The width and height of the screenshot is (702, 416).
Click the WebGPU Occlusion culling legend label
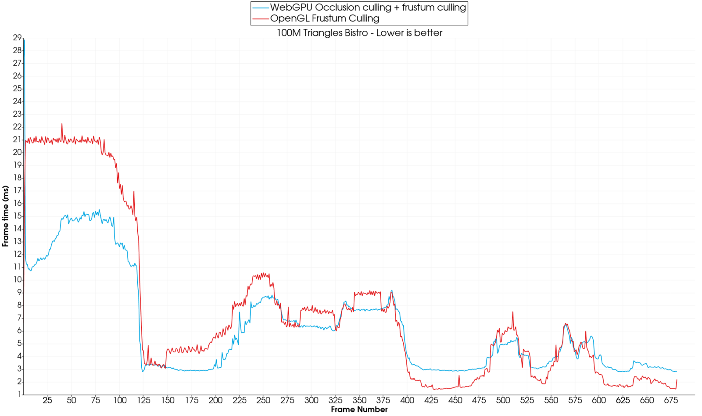click(368, 7)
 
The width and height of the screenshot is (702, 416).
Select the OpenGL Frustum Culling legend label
click(325, 18)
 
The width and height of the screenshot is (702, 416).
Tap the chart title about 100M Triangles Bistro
click(359, 33)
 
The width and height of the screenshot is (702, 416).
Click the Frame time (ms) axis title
click(5, 216)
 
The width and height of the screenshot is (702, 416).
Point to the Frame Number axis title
click(359, 409)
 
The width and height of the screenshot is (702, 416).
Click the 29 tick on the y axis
click(17, 38)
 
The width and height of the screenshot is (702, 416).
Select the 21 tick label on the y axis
click(17, 140)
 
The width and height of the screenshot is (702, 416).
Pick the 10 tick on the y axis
click(17, 280)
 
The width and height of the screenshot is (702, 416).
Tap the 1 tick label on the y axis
click(19, 394)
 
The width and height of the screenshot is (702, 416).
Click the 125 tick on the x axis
click(143, 400)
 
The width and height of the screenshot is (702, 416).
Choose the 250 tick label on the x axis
click(263, 400)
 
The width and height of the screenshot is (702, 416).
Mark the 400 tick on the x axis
click(407, 400)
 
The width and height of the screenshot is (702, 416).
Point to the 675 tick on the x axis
click(671, 400)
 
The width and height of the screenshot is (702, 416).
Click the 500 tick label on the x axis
click(503, 400)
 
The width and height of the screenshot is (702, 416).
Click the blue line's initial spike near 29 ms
click(24, 40)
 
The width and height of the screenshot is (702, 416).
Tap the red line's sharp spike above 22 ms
click(62, 124)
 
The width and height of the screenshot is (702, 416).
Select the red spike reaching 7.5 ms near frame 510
click(512, 312)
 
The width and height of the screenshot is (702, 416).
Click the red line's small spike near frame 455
click(459, 376)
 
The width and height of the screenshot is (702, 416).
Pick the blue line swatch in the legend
click(261, 7)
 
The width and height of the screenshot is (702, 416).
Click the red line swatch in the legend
click(261, 18)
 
